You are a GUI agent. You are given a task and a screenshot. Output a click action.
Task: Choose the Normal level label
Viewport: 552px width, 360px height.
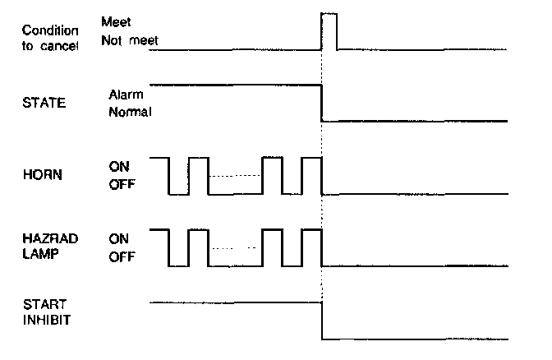click(x=130, y=111)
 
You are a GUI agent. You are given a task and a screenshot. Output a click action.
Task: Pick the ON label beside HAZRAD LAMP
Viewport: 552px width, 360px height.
click(x=120, y=238)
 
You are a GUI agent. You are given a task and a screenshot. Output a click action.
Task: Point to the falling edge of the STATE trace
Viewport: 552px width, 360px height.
click(x=321, y=103)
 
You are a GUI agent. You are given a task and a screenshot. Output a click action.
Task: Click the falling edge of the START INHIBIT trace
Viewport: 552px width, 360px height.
click(x=321, y=321)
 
